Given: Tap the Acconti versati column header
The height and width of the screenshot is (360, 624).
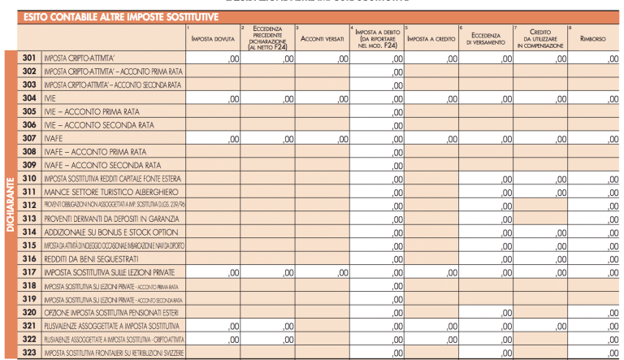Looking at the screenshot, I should tap(322, 38).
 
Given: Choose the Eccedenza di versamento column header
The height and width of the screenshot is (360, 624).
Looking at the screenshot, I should tap(486, 38).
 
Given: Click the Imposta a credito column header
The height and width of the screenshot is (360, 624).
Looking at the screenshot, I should tap(431, 38).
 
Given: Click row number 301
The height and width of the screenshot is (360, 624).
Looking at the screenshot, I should tap(29, 59).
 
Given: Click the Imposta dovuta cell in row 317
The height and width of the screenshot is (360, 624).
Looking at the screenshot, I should tap(213, 272).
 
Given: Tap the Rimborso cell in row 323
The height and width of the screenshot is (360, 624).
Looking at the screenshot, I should tap(592, 353).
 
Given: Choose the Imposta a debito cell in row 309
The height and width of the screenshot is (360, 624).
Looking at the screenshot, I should tap(377, 165).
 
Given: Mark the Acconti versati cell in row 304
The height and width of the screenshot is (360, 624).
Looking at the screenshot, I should tap(322, 98).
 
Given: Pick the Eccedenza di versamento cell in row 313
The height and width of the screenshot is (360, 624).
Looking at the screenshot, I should tap(486, 219).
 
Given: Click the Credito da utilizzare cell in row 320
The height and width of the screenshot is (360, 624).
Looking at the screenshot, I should tap(539, 312).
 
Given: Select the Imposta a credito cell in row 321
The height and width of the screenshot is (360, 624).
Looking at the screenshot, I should tap(431, 326).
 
